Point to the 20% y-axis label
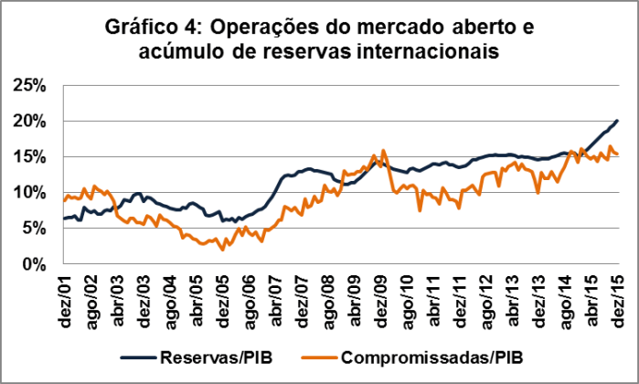click(30, 121)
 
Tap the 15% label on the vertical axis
click(30, 156)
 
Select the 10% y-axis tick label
click(30, 192)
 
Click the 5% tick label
click(34, 228)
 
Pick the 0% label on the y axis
click(34, 263)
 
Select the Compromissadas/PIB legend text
click(438, 354)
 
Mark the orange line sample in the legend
click(325, 354)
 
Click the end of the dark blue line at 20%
click(618, 121)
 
